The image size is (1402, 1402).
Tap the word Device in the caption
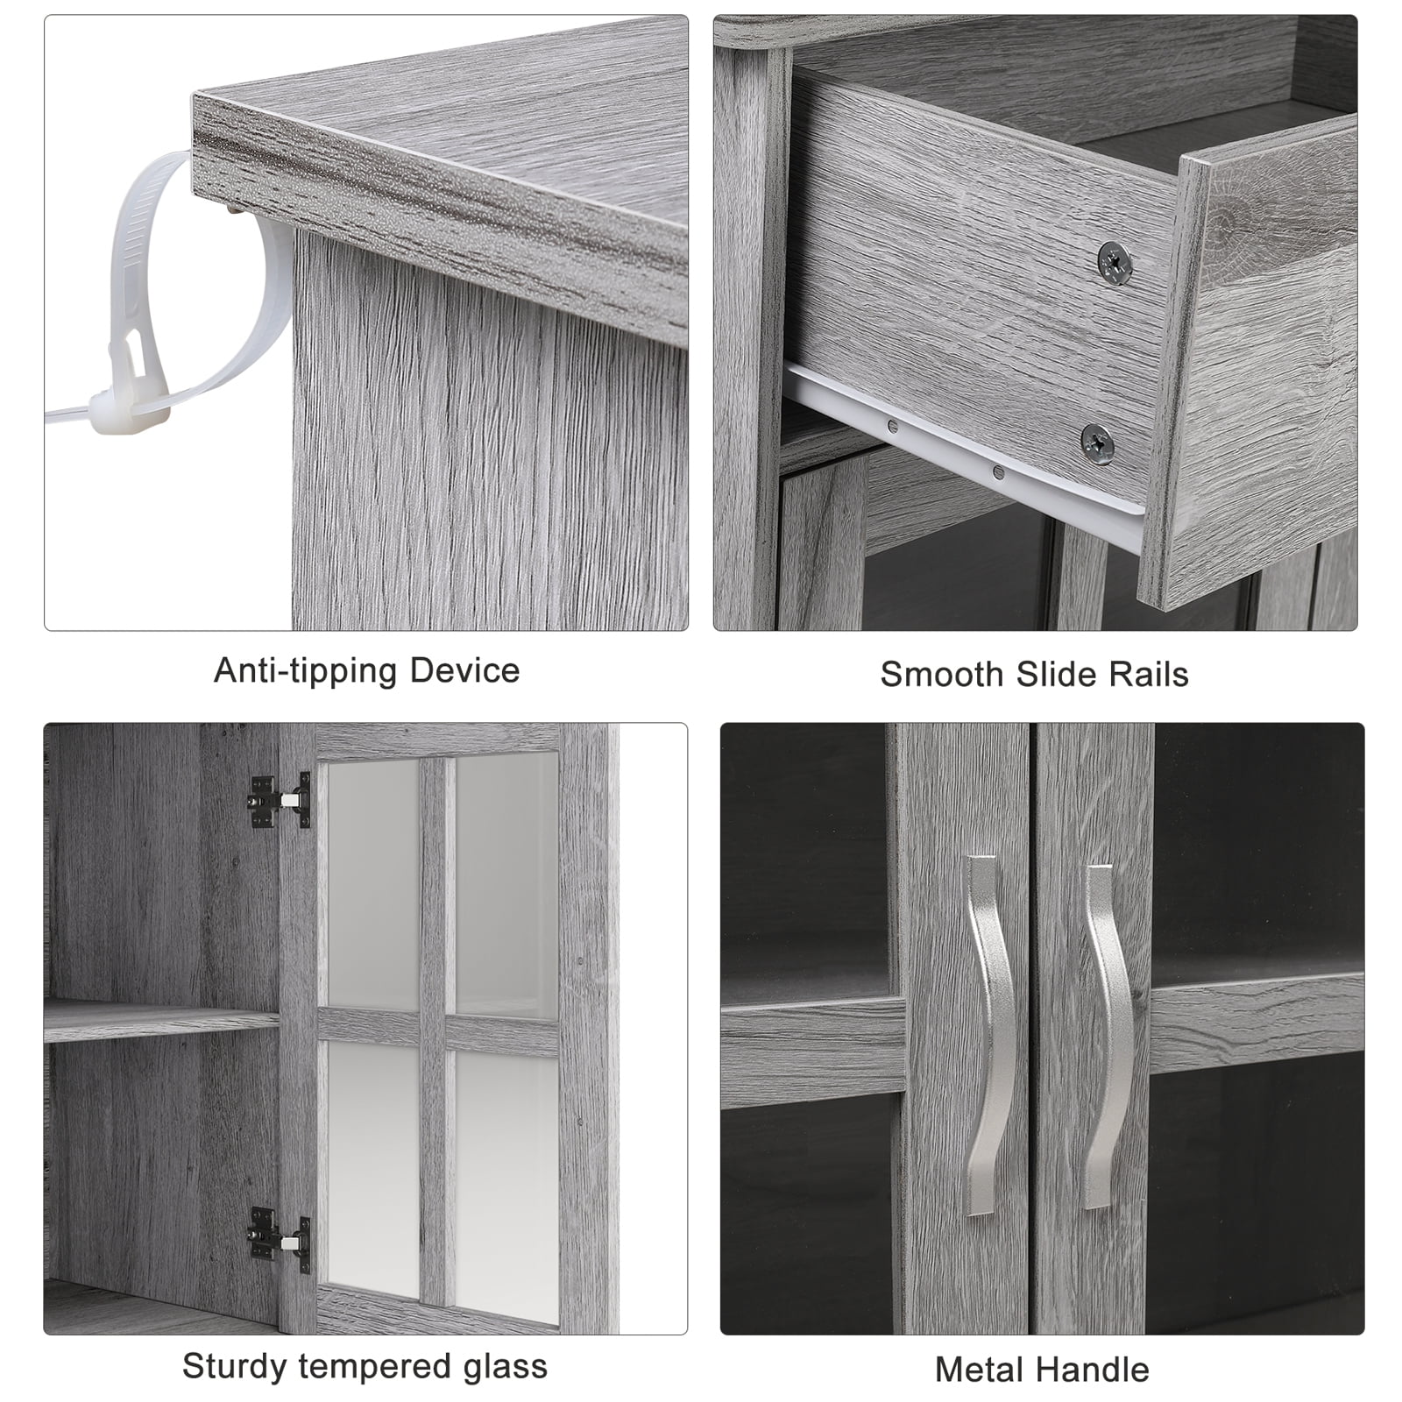point(465,670)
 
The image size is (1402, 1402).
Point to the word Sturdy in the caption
point(235,1368)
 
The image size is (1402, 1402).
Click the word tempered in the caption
point(372,1368)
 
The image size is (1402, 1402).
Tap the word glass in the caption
point(503,1368)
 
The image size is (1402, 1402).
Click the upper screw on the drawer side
point(1114,262)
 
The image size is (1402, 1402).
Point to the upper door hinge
point(280,801)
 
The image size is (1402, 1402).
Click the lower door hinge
point(280,1240)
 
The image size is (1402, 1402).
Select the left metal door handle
point(988,1034)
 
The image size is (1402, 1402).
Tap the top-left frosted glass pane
point(373,882)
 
